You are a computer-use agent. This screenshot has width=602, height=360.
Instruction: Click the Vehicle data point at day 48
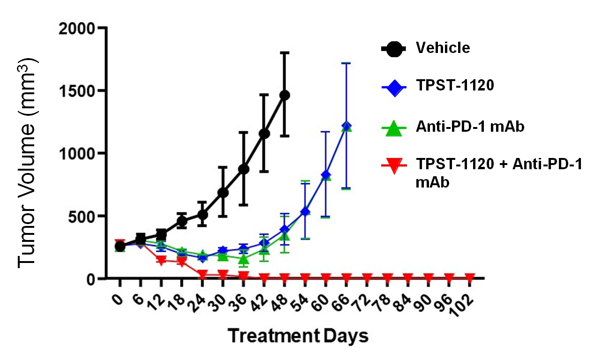point(285,95)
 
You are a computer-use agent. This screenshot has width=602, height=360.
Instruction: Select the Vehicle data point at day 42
point(264,134)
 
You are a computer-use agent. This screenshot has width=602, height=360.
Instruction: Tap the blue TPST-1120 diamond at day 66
point(346,126)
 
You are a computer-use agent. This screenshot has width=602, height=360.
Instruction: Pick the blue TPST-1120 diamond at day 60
point(326,175)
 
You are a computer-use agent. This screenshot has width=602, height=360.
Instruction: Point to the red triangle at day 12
point(161,260)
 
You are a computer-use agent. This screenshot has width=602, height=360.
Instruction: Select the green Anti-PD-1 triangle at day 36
point(243,259)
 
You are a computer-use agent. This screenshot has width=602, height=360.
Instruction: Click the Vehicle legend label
point(443,48)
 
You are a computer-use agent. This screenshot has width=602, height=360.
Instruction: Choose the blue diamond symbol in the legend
point(393,86)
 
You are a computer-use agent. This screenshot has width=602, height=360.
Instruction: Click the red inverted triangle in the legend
point(393,165)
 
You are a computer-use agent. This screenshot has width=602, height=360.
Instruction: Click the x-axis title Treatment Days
point(298,336)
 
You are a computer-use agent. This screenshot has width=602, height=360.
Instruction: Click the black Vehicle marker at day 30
point(223,192)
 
